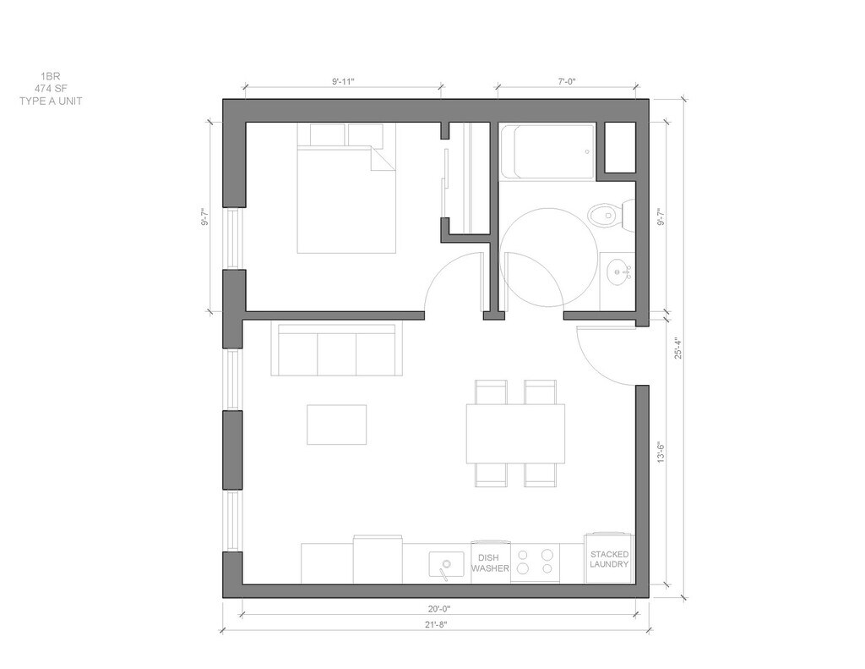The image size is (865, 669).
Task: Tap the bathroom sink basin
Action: [x=619, y=272]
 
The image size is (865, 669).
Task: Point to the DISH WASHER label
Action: [x=490, y=563]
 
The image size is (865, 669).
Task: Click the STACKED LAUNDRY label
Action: [x=609, y=559]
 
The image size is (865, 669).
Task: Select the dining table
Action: [x=515, y=432]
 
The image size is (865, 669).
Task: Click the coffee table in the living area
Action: [x=336, y=424]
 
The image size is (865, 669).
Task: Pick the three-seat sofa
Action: [x=336, y=350]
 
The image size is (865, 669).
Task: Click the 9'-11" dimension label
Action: [x=343, y=82]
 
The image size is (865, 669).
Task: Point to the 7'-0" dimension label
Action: [x=566, y=82]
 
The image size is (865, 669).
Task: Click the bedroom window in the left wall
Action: [x=233, y=239]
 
